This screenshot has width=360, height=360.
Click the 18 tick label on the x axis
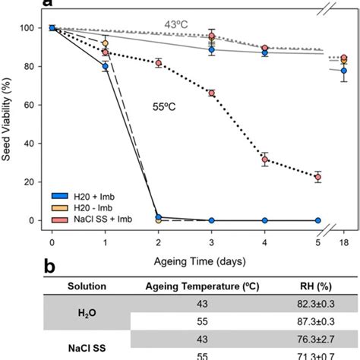[x=343, y=241]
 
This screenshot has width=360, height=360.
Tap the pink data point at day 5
[x=317, y=177]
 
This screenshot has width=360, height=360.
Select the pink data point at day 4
[x=265, y=159]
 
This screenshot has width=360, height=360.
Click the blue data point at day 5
[x=317, y=220]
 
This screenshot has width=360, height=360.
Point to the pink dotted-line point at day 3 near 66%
[x=212, y=93]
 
